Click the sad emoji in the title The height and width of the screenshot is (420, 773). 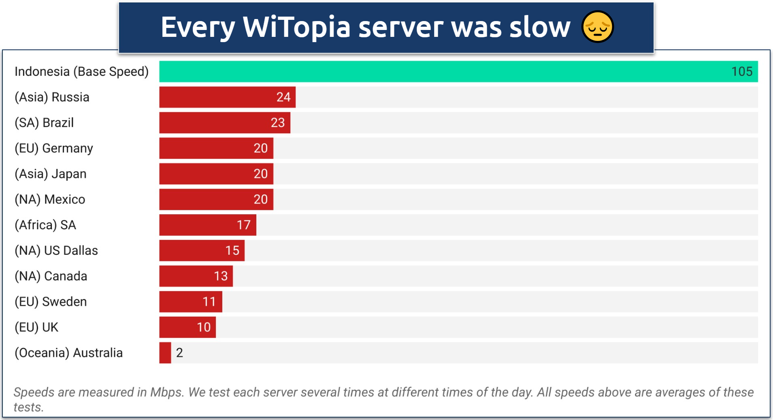[x=597, y=27]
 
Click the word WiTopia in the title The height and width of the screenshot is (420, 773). [x=296, y=28]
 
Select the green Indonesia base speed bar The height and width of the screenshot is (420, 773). [x=445, y=72]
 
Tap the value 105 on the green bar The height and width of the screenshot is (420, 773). [x=741, y=72]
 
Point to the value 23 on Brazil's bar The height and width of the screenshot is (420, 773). [x=278, y=123]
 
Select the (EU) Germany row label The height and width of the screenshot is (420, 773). [x=54, y=148]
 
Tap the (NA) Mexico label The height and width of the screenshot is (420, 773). [x=50, y=199]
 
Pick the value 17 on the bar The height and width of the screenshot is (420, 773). [x=243, y=225]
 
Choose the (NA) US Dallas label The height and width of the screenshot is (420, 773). [x=56, y=250]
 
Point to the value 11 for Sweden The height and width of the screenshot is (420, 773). [x=209, y=301]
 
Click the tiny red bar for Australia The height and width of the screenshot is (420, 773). [x=165, y=352]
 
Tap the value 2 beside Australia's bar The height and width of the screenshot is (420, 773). [x=179, y=352]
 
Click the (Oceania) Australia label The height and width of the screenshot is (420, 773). [x=68, y=352]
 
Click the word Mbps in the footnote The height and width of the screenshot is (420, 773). [x=166, y=392]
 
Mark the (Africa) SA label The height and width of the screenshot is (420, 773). [x=45, y=225]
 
